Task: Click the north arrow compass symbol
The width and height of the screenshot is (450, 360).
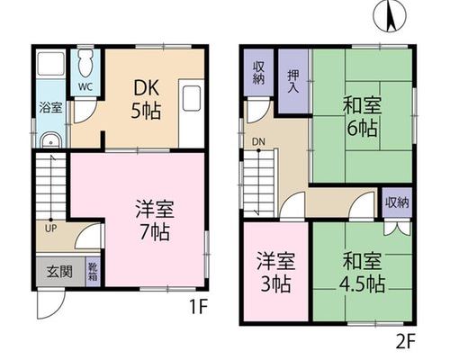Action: [x=390, y=16]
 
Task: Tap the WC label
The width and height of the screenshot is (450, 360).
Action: [x=85, y=86]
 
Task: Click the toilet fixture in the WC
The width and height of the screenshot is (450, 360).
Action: [x=85, y=64]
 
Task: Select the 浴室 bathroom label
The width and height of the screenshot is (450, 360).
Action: [x=50, y=108]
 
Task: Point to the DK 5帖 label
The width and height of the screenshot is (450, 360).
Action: [x=146, y=100]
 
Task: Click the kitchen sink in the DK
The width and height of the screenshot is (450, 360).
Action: [x=191, y=98]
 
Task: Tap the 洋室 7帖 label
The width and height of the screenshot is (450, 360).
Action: [x=155, y=220]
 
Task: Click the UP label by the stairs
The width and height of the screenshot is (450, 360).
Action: [x=50, y=229]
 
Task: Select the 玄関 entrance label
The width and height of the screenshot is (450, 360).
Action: [x=59, y=272]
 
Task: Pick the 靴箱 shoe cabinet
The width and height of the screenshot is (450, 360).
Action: [x=93, y=272]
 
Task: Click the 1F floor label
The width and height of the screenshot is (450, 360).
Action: [x=198, y=307]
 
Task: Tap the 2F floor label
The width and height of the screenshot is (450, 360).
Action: [x=405, y=343]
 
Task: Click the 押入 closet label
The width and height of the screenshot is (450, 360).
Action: [x=293, y=81]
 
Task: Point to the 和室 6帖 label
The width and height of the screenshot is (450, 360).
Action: [x=362, y=117]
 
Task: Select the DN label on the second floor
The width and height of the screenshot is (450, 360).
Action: [x=258, y=141]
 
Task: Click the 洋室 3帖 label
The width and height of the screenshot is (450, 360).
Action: [x=275, y=272]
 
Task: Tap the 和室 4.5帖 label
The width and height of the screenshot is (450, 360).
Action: [x=362, y=273]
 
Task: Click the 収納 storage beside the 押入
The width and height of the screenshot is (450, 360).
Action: [x=258, y=72]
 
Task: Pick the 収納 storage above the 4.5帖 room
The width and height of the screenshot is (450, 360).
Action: [x=397, y=202]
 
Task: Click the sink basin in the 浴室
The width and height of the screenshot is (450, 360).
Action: [x=50, y=140]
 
